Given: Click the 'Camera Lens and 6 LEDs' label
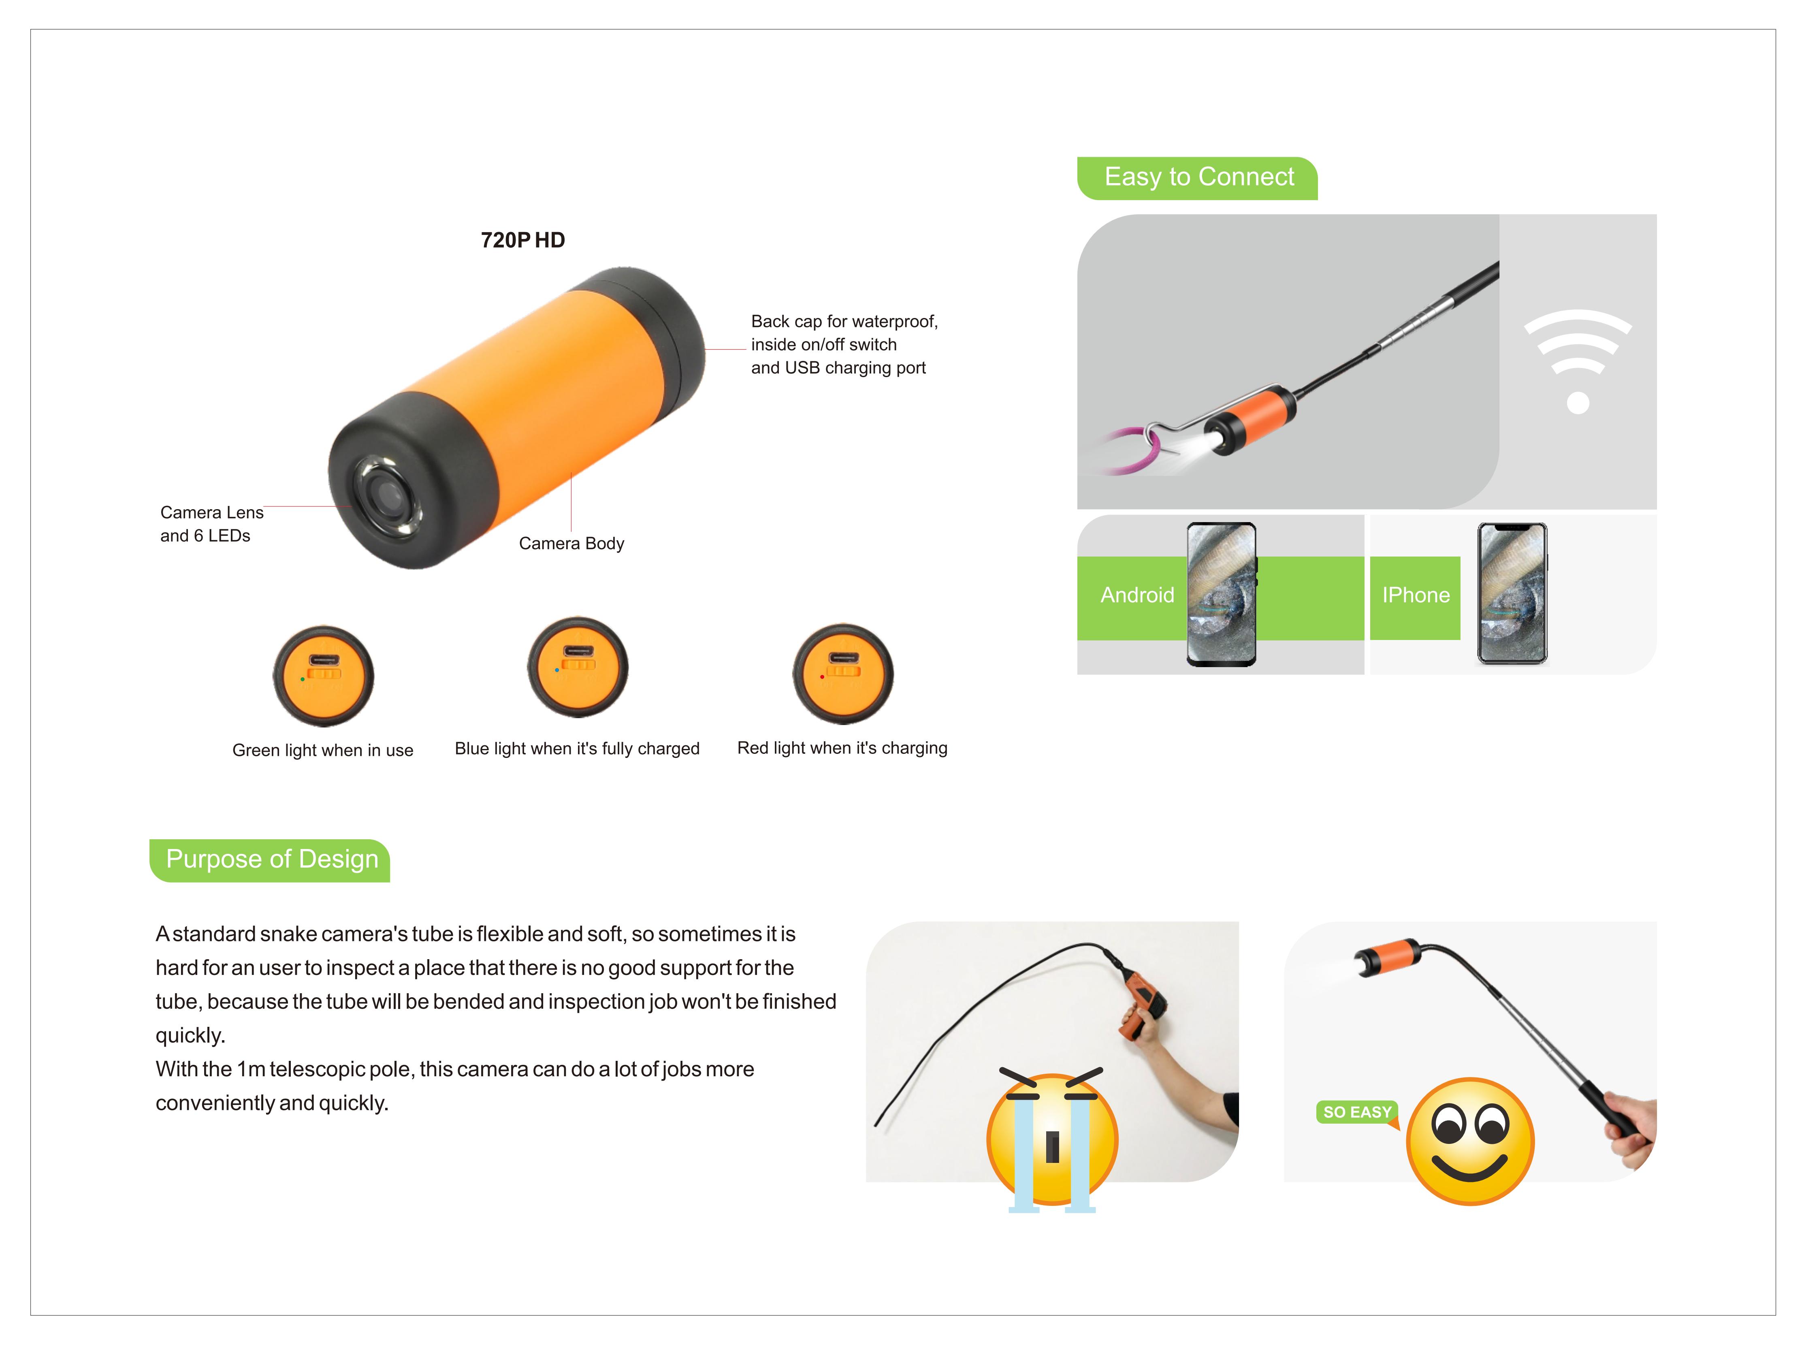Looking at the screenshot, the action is click(212, 524).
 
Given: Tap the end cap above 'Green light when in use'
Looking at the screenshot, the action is click(323, 676).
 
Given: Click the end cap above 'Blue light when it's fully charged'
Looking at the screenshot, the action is click(578, 667).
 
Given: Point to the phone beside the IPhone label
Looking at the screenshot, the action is click(1512, 594).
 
